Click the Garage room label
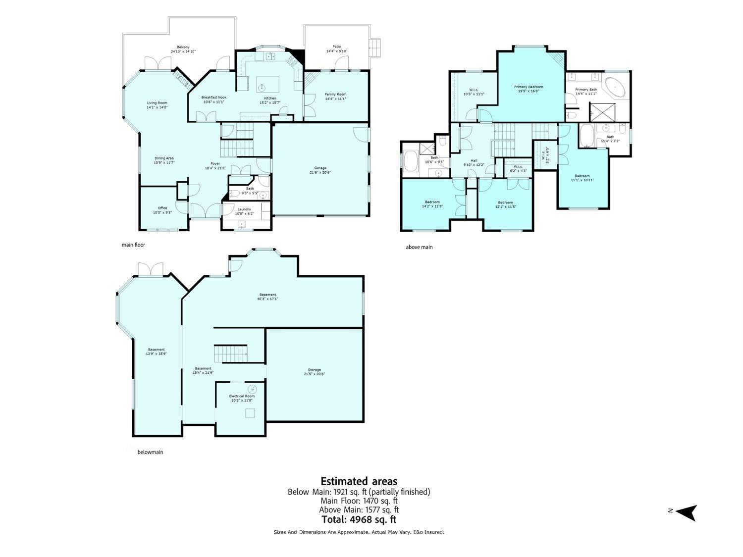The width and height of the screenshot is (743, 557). click(320, 170)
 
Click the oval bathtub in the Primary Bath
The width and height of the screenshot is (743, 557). click(615, 87)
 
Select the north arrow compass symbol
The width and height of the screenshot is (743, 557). click(687, 512)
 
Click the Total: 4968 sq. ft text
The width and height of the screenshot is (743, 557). click(359, 519)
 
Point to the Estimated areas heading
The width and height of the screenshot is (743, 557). click(359, 481)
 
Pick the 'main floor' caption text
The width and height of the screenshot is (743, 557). click(133, 245)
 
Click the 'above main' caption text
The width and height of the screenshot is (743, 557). click(419, 247)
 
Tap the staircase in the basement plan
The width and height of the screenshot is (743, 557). click(230, 354)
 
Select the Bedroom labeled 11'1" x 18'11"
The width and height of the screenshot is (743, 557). click(582, 178)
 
